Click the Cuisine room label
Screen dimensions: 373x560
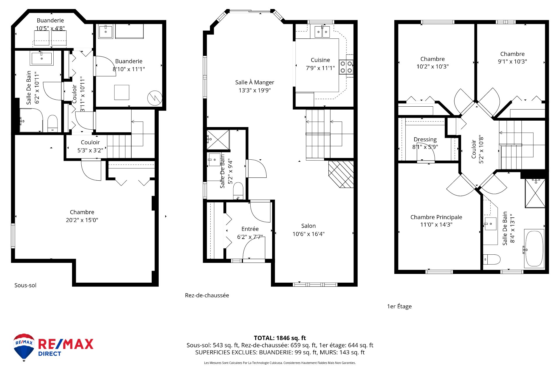[320, 60]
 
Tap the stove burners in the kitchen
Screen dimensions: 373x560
[346, 67]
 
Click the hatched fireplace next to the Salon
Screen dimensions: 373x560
[341, 174]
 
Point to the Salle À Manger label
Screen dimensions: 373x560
[255, 82]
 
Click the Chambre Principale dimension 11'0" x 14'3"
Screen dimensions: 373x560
[436, 225]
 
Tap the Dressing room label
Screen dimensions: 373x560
[425, 140]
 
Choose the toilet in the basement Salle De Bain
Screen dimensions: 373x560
[52, 124]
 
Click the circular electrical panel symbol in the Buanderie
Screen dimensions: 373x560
[155, 98]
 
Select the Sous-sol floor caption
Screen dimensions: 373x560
[25, 285]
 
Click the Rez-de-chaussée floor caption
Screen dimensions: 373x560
[207, 295]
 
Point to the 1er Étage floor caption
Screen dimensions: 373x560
[399, 306]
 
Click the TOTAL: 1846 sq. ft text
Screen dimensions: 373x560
[280, 338]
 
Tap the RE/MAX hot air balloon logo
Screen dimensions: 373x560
[24, 347]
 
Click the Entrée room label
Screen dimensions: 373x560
[250, 229]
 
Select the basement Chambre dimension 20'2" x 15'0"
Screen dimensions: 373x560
[82, 220]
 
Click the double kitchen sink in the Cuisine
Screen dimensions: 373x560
[322, 31]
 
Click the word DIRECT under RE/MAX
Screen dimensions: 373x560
[50, 354]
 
